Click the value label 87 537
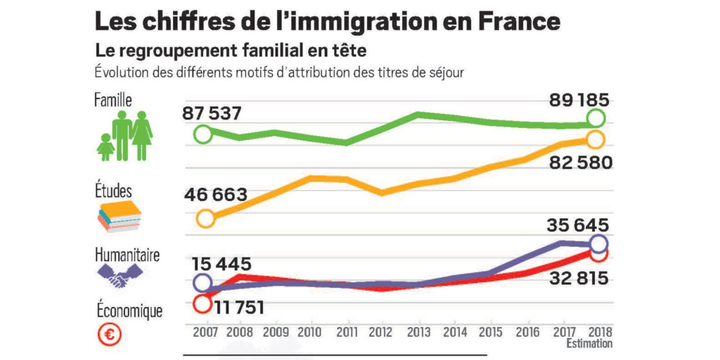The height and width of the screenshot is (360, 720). pos(216,112)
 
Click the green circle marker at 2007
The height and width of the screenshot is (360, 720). pos(202,134)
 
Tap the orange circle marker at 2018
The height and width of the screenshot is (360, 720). pos(596,139)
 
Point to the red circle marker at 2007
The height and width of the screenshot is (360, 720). pos(202,304)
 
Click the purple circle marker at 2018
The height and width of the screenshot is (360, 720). pos(598,244)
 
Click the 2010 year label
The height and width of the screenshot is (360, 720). pos(310,333)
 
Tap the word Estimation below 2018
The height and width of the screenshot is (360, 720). pos(589,344)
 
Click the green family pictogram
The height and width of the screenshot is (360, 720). pos(125,136)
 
